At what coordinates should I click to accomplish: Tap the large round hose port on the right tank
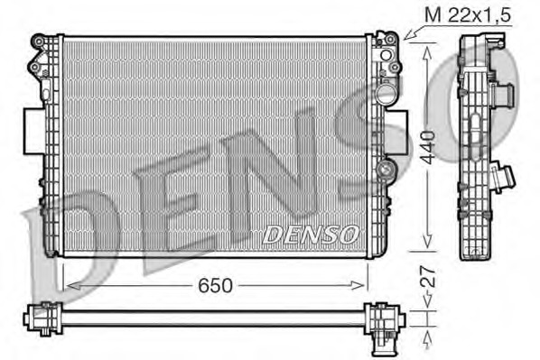(x=386, y=94)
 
